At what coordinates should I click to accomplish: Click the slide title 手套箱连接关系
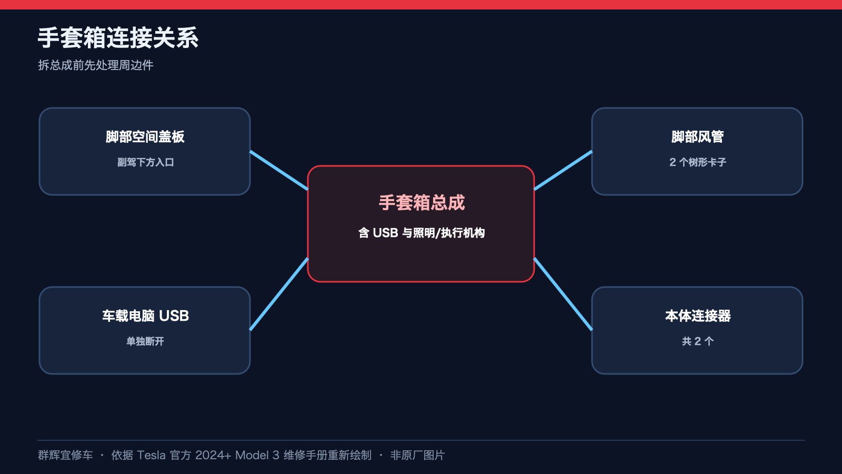[118, 37]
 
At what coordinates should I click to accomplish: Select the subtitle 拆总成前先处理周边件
[95, 65]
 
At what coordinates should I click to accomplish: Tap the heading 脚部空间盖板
[145, 136]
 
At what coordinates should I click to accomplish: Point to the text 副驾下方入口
[145, 162]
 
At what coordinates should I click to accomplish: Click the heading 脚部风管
[697, 136]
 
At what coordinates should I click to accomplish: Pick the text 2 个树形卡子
[697, 162]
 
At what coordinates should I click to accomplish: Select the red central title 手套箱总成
[422, 203]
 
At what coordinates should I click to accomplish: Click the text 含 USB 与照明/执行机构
[422, 233]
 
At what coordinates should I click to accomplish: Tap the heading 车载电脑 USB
[145, 315]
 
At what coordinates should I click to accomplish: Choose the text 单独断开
[145, 341]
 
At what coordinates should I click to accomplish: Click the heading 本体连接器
[698, 315]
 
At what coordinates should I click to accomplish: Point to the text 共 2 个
[698, 341]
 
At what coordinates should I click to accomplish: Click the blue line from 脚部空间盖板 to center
[279, 171]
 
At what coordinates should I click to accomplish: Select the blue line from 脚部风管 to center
[563, 171]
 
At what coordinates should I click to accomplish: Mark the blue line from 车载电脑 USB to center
[279, 294]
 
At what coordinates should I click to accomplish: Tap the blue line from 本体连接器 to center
[563, 294]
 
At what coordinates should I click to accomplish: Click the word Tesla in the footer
[151, 455]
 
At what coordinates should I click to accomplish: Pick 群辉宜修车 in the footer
[65, 455]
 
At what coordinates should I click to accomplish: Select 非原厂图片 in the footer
[418, 455]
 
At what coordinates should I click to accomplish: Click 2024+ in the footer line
[213, 455]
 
